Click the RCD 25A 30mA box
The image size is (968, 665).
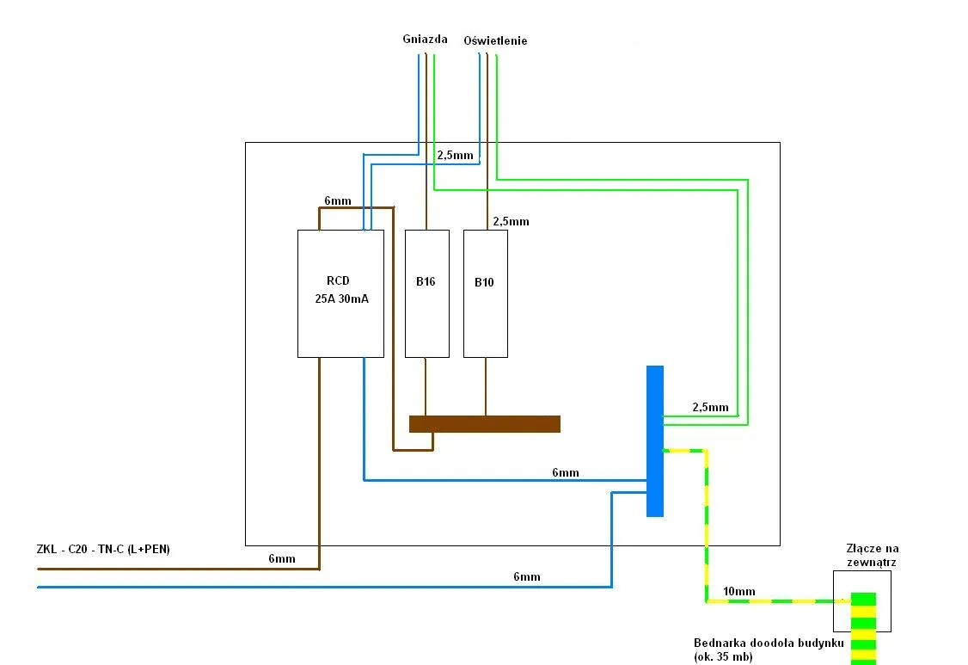point(340,292)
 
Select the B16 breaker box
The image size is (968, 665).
point(427,292)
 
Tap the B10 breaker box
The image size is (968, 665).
point(485,292)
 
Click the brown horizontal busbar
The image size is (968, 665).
point(485,423)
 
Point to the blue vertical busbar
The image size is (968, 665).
point(655,440)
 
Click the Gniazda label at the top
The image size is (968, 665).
point(425,39)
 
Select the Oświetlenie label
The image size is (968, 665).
point(495,40)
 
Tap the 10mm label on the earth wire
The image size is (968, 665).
point(739,592)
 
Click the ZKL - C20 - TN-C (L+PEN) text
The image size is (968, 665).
point(103,549)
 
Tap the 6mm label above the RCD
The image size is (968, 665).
point(337,200)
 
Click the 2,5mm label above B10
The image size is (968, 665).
point(511,221)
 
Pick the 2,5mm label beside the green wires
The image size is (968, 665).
point(710,407)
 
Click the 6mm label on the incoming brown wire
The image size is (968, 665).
point(281,558)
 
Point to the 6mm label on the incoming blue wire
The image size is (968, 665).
point(526,576)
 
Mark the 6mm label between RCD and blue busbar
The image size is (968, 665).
point(565,472)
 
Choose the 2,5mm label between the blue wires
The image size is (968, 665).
point(455,156)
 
